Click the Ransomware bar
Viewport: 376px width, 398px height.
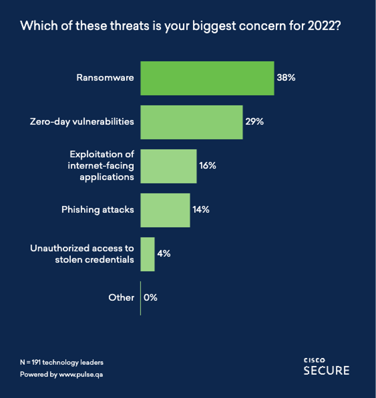(207, 78)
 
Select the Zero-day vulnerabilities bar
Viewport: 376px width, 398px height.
(191, 122)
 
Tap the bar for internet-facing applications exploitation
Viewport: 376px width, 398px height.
(169, 166)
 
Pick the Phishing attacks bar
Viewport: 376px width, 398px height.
(165, 210)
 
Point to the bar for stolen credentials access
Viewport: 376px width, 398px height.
(148, 254)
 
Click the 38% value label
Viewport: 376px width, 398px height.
(286, 78)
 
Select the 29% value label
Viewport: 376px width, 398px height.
(254, 122)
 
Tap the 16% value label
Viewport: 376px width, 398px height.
(207, 166)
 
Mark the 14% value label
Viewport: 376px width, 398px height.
(201, 210)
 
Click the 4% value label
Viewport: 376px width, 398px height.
(163, 254)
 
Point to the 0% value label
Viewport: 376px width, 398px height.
(150, 297)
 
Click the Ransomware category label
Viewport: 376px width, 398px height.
(105, 78)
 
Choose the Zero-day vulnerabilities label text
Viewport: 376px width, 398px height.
(82, 122)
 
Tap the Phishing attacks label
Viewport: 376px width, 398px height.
(97, 210)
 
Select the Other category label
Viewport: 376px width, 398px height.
(121, 297)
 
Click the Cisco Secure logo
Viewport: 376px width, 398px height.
(326, 366)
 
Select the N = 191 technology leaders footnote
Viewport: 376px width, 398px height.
(62, 363)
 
